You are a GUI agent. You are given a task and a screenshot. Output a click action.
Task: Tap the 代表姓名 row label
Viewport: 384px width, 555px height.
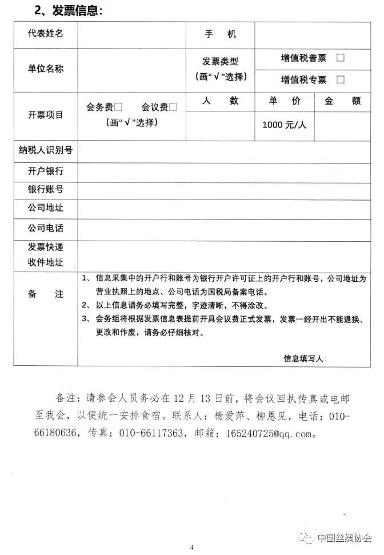[46, 34]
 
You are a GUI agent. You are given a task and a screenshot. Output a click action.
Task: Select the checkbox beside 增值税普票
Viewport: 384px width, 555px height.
[341, 58]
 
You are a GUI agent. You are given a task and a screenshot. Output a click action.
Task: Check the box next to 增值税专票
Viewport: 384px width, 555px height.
[341, 79]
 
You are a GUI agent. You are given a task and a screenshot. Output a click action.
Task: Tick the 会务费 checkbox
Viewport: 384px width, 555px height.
[118, 107]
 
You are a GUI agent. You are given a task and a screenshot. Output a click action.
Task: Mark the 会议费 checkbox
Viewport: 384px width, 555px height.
[173, 107]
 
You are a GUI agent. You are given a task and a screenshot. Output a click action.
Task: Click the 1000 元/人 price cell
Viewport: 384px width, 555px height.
[284, 125]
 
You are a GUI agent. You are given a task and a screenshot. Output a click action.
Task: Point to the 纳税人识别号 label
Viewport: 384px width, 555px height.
[46, 151]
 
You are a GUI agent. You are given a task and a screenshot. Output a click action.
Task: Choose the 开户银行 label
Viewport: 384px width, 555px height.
[46, 171]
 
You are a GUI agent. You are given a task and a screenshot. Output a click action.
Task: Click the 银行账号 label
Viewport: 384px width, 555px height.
[46, 190]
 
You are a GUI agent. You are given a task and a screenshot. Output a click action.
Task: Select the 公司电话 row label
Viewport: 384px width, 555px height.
[46, 228]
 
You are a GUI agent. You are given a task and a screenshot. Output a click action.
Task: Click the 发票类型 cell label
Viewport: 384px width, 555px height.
[220, 62]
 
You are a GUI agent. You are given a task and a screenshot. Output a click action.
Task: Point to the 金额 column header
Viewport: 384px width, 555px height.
[342, 101]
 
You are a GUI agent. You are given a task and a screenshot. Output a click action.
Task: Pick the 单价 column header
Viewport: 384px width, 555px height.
[285, 101]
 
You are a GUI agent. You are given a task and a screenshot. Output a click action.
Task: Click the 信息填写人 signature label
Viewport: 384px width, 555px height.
[304, 358]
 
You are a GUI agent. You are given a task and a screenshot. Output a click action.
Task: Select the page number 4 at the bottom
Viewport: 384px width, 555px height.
[192, 547]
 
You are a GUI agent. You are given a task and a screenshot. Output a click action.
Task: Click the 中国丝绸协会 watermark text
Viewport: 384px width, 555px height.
[345, 538]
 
